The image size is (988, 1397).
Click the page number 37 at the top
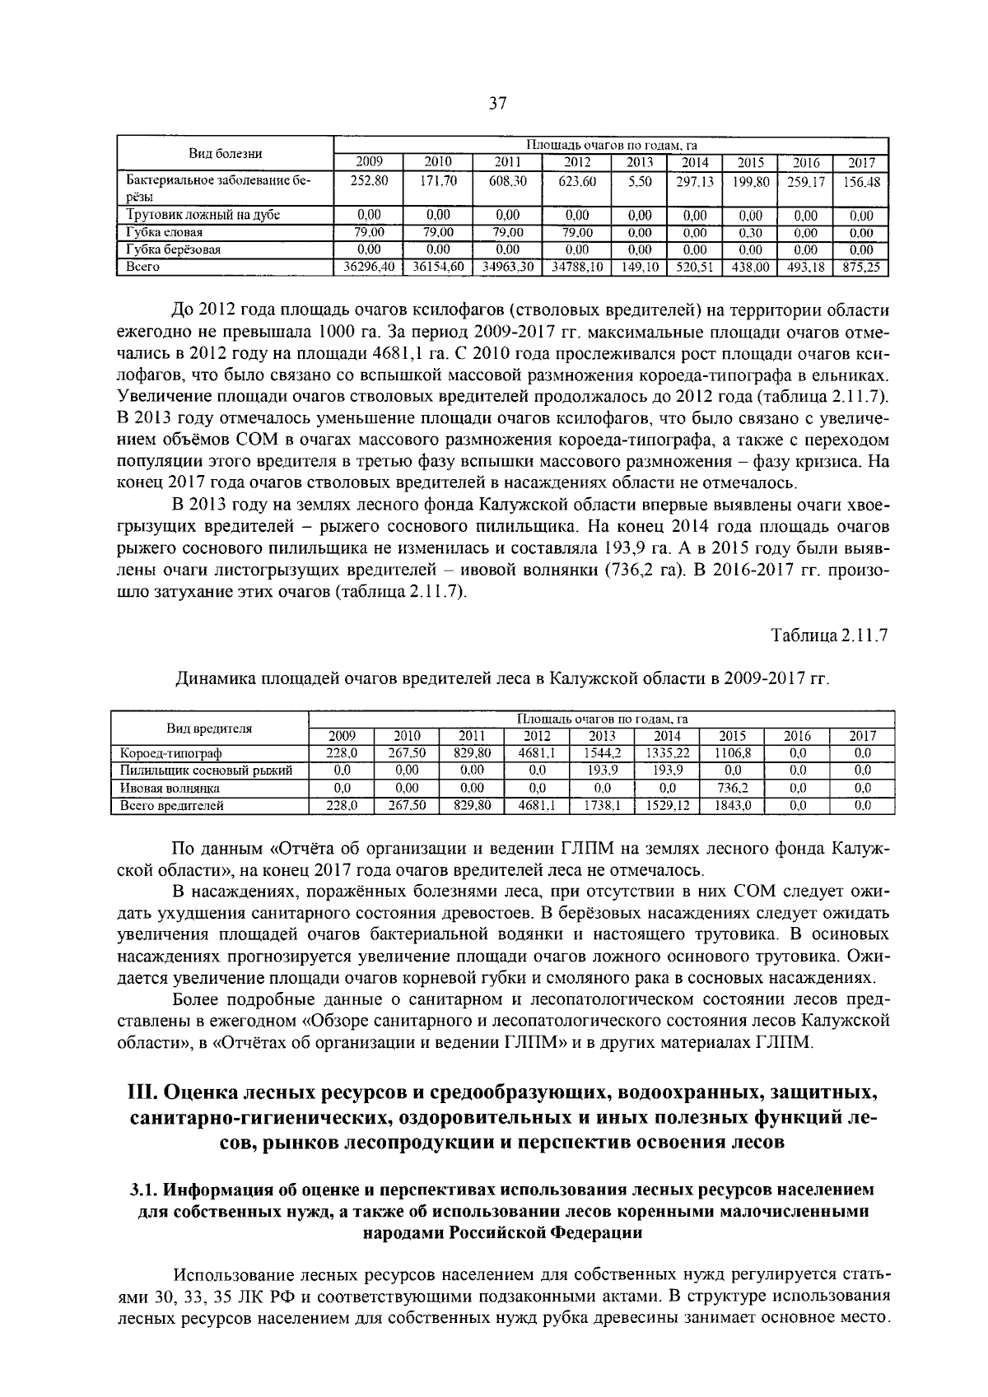[497, 104]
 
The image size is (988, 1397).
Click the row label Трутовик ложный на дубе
[203, 216]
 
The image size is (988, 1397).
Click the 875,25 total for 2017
[861, 268]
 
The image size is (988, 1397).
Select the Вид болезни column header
[226, 154]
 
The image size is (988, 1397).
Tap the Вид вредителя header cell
[209, 728]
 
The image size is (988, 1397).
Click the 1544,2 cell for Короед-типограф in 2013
[601, 753]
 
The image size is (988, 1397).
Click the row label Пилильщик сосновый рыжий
[206, 771]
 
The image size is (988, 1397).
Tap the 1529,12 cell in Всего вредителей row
[667, 806]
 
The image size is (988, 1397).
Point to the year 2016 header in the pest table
[797, 736]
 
